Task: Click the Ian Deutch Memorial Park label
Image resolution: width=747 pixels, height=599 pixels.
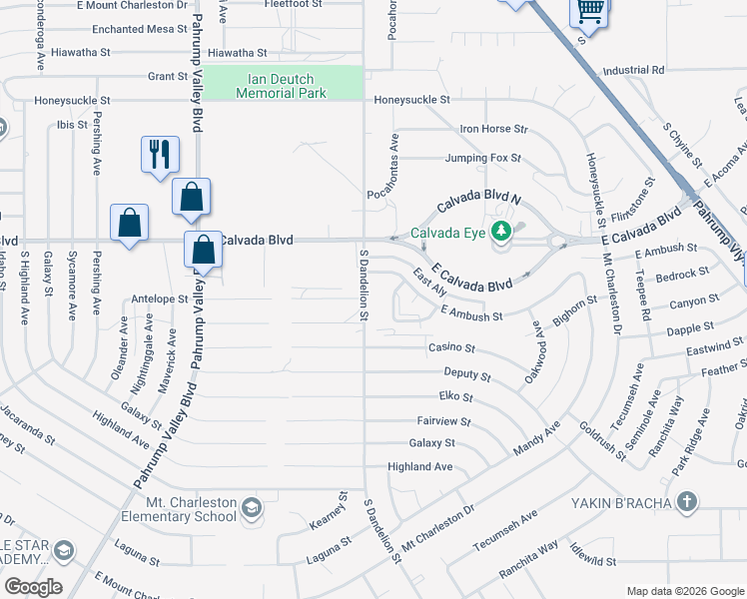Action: pyautogui.click(x=281, y=86)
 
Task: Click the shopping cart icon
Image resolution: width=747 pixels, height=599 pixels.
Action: pyautogui.click(x=589, y=12)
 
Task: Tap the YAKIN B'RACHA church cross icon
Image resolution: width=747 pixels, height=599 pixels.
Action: pyautogui.click(x=685, y=502)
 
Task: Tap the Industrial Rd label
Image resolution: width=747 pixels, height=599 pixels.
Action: pyautogui.click(x=633, y=71)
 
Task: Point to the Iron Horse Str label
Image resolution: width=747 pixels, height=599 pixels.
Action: pyautogui.click(x=492, y=129)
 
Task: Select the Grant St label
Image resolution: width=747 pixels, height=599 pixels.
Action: pyautogui.click(x=167, y=76)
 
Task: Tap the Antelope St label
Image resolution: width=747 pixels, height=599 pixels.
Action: pyautogui.click(x=160, y=299)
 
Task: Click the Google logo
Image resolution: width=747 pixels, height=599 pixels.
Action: pyautogui.click(x=33, y=587)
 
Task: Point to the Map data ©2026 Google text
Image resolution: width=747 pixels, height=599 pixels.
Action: pyautogui.click(x=684, y=591)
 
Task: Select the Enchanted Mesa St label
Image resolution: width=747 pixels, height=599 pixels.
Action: pyautogui.click(x=133, y=30)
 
